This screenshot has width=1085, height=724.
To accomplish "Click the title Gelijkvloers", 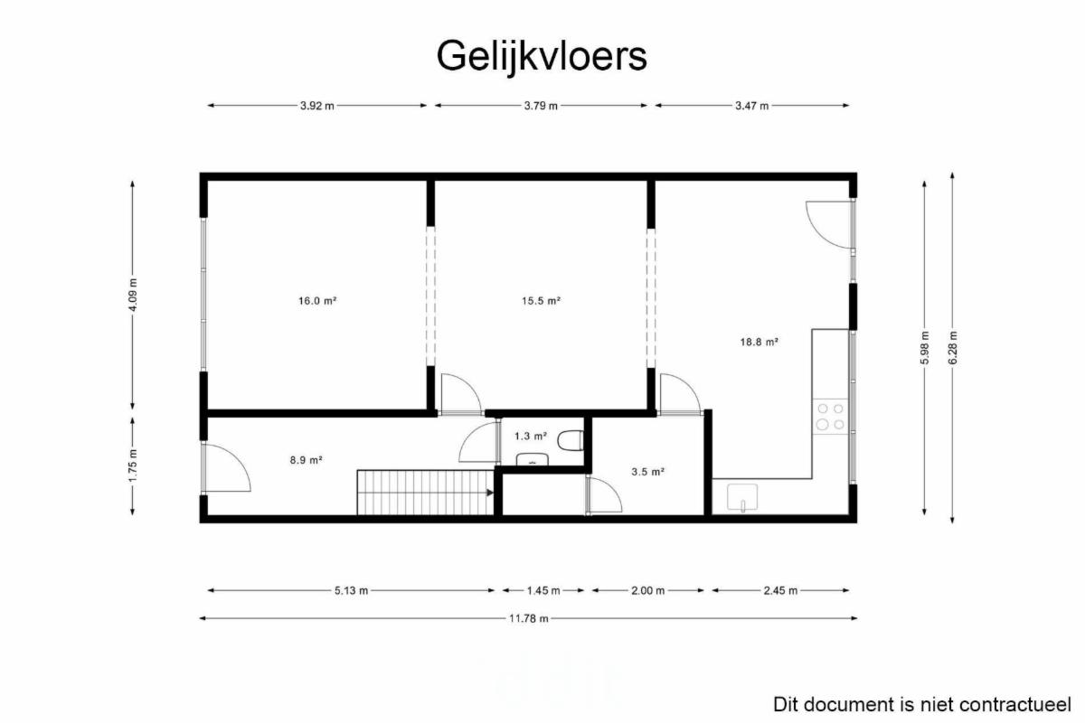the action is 542,57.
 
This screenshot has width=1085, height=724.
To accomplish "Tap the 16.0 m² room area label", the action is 317,301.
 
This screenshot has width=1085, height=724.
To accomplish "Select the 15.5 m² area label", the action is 541,301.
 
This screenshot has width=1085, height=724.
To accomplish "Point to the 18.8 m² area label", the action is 759,342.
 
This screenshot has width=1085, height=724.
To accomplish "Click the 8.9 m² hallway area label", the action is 307,460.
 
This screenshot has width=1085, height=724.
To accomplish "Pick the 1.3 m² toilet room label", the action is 531,437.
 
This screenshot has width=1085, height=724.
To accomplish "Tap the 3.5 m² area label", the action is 647,472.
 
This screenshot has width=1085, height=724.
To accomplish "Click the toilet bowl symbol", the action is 571,440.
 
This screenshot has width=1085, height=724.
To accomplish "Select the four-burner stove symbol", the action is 831,417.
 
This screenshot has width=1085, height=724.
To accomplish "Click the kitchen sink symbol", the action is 742,497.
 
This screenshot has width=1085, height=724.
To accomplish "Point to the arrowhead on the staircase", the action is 490,493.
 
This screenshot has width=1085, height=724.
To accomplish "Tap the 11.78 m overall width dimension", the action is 528,618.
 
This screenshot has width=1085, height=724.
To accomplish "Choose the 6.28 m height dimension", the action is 952,348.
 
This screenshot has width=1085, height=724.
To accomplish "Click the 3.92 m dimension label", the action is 317,106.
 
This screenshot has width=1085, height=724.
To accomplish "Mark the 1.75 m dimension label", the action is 133,465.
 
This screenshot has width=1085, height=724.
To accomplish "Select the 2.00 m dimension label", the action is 648,591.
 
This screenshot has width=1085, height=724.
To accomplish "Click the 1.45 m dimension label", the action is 543,591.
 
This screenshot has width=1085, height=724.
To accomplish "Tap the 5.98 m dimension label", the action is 925,348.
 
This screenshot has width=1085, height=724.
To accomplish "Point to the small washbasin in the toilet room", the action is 533,459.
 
